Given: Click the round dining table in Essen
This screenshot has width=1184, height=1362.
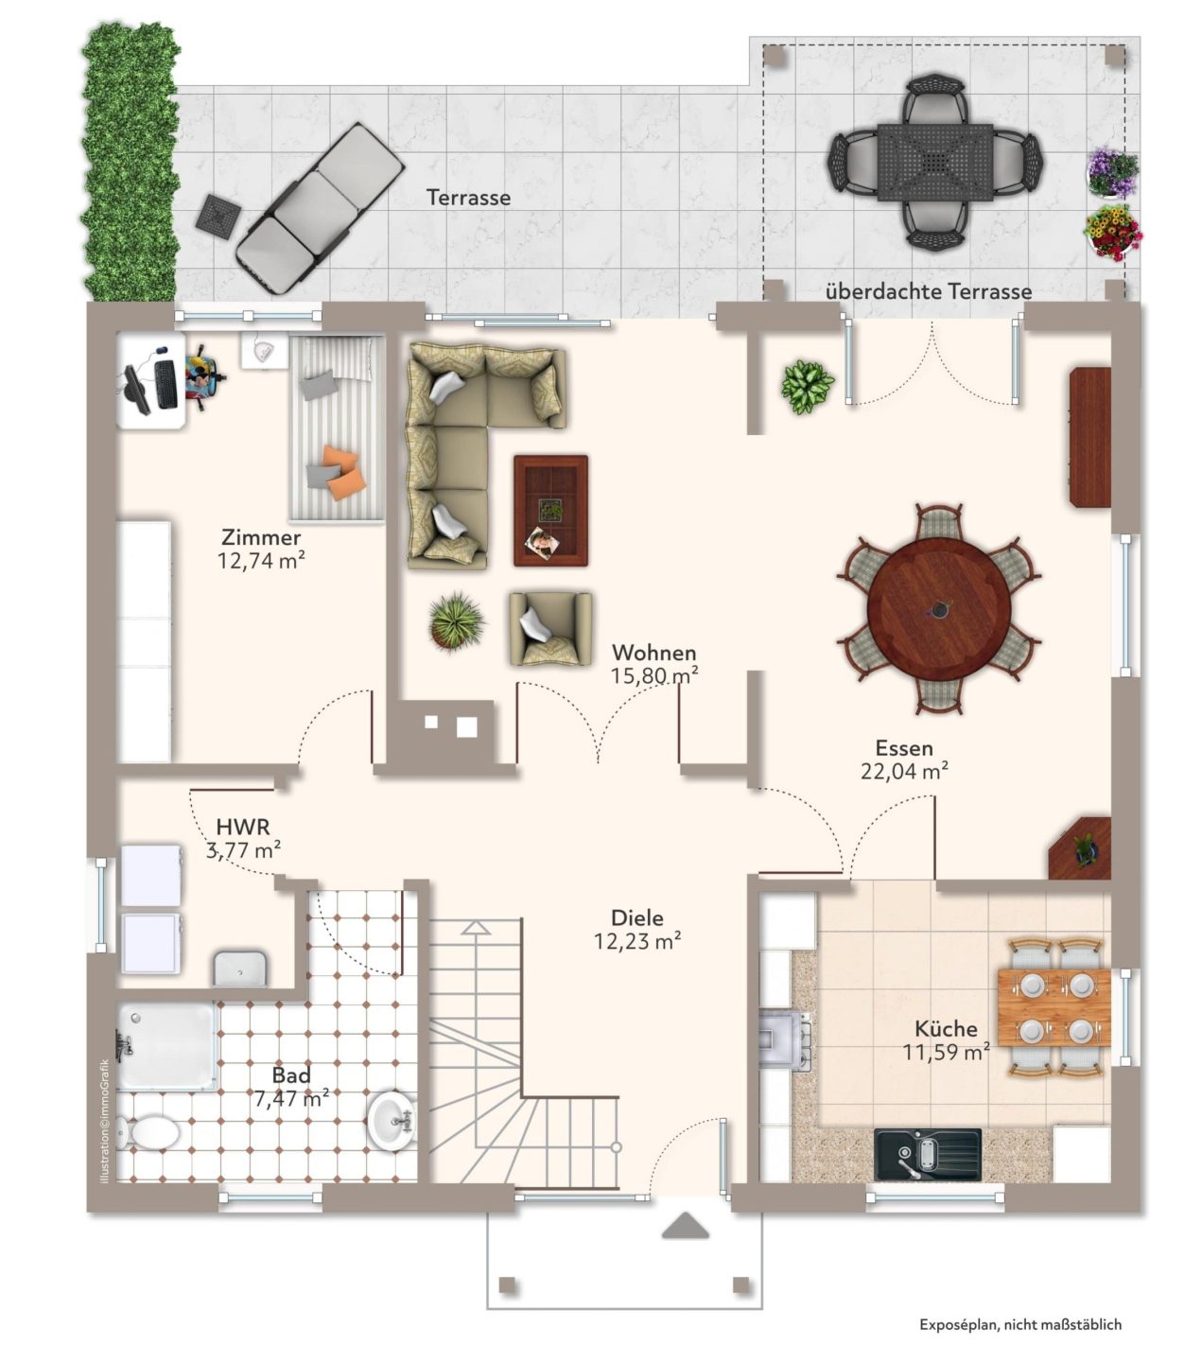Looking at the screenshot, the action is point(938,608).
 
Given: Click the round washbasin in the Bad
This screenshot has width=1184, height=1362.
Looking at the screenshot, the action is point(392,1121).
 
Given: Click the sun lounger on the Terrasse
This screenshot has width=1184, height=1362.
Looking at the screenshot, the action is point(320,208).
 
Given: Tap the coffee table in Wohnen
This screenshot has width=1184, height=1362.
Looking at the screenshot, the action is point(550,511).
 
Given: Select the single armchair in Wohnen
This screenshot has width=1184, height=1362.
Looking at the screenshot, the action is point(550,629).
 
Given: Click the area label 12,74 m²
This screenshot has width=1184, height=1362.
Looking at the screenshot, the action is point(261,561).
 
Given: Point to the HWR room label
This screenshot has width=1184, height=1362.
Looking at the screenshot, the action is point(243,827).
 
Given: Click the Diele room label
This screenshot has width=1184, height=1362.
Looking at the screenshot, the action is point(637,918).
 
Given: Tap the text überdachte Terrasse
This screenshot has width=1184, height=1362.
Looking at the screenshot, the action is point(929,291).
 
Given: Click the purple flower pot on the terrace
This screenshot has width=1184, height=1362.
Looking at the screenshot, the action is point(1113,173).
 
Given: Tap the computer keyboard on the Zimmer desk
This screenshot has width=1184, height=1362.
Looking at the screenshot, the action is point(165,384).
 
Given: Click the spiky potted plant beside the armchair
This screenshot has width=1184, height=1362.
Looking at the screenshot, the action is point(456,620).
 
